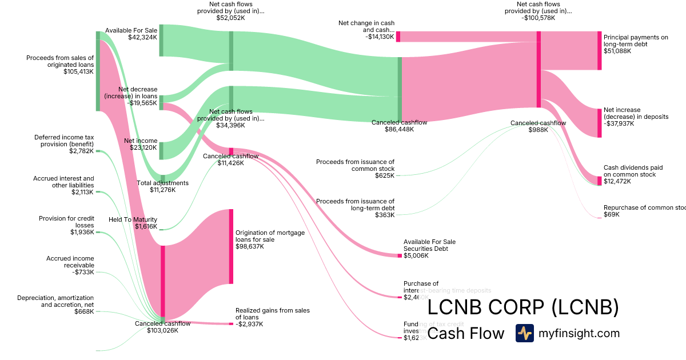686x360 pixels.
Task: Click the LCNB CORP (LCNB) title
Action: click(x=523, y=307)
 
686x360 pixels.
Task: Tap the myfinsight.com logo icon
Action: click(x=524, y=333)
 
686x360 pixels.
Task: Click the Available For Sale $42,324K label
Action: click(x=131, y=34)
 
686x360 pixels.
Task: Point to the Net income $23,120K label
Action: click(x=141, y=143)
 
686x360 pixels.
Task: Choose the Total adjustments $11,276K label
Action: click(x=162, y=186)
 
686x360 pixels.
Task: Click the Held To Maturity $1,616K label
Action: click(x=133, y=223)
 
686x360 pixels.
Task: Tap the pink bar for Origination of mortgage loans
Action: click(x=231, y=246)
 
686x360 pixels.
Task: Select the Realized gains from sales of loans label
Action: click(x=272, y=317)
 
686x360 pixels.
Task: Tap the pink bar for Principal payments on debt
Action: click(x=599, y=51)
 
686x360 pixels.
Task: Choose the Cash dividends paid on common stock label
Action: click(x=633, y=174)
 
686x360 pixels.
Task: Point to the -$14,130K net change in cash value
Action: click(x=379, y=37)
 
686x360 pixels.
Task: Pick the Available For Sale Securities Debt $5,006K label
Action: click(x=429, y=249)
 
